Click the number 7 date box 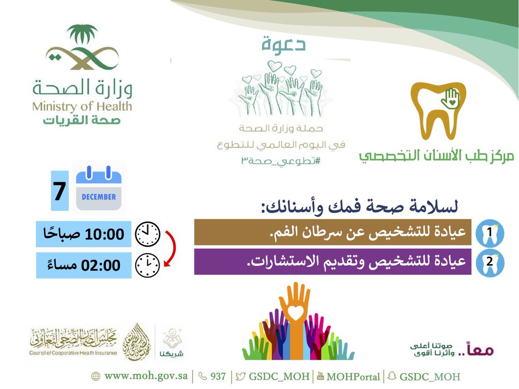point(60,191)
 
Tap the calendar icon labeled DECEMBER point(99,191)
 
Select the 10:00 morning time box point(83,234)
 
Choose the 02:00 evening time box point(83,265)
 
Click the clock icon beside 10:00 point(147,234)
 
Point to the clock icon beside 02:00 point(147,265)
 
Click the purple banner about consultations point(333,261)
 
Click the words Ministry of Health point(82,106)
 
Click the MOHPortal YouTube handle point(353,376)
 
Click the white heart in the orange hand point(295,313)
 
